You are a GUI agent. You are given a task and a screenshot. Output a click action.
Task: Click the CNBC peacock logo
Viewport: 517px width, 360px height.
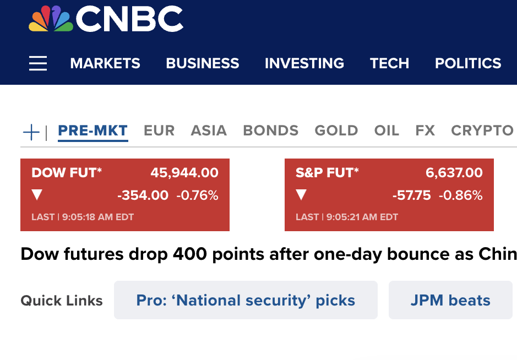click(51, 19)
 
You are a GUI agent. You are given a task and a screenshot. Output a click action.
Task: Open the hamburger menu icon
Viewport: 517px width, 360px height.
click(38, 63)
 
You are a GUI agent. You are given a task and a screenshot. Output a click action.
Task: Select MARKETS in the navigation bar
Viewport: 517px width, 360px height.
click(105, 63)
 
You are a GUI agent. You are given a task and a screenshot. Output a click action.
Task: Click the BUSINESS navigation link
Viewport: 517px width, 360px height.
click(203, 63)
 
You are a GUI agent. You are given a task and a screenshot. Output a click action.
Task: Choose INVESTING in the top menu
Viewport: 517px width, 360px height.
click(304, 63)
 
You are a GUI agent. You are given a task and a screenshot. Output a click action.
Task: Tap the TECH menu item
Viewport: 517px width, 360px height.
click(389, 63)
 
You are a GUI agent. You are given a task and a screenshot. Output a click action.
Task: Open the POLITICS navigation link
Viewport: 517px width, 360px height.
click(468, 63)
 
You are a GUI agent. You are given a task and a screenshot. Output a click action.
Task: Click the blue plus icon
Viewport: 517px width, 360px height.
click(31, 132)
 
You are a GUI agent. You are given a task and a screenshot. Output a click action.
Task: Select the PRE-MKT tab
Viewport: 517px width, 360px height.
click(92, 130)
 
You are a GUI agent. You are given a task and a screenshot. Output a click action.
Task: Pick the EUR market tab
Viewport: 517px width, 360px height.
click(159, 130)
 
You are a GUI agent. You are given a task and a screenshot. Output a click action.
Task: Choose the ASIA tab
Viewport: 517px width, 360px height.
click(209, 130)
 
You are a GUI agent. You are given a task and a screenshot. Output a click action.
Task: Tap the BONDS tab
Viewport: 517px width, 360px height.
click(271, 130)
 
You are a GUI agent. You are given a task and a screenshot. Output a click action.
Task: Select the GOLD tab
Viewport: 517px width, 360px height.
click(336, 130)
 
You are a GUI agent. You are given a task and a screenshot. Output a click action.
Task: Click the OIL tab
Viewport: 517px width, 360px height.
click(387, 130)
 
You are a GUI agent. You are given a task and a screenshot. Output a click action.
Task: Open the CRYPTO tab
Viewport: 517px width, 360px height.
click(482, 130)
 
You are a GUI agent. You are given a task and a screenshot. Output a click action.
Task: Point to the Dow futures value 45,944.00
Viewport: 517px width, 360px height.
click(184, 173)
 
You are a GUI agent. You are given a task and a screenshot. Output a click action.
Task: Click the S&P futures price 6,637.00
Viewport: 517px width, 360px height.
click(454, 173)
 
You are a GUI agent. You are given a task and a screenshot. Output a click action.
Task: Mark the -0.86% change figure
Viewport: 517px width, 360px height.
click(461, 195)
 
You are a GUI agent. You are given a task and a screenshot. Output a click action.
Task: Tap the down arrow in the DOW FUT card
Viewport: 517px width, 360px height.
click(37, 195)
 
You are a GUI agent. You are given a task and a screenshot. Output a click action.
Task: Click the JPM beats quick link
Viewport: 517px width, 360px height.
click(450, 300)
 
